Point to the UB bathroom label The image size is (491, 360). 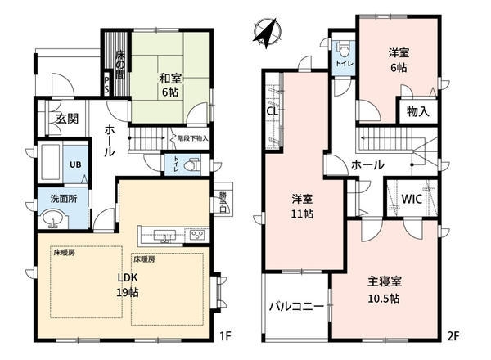[x=74, y=164]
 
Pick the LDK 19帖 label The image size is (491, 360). [x=128, y=283]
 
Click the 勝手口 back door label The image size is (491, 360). [x=223, y=201]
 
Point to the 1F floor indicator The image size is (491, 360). [x=227, y=335]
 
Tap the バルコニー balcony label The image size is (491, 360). [x=296, y=308]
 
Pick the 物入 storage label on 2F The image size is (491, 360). [x=417, y=110]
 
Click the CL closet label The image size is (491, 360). [x=271, y=112]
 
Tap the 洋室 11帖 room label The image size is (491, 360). [x=304, y=205]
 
